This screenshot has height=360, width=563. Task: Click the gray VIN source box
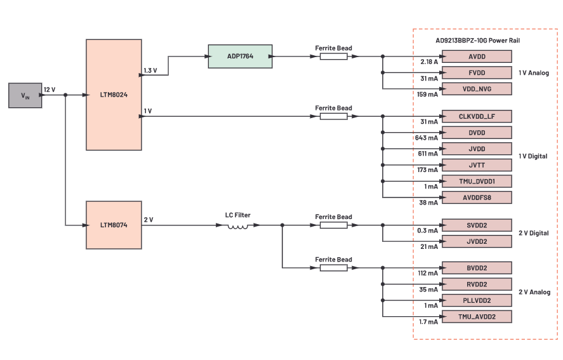[x=25, y=95]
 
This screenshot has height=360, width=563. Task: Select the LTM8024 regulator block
[x=114, y=95]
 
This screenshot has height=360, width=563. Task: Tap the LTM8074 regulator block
[x=114, y=224]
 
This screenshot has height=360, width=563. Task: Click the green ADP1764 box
[x=240, y=57]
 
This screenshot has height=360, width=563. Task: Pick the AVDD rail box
[x=477, y=57]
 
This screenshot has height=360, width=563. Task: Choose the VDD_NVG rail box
[x=477, y=89]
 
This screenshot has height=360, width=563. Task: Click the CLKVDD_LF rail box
[x=477, y=116]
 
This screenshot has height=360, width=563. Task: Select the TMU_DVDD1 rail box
[x=477, y=182]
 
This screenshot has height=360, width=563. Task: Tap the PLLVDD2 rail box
[x=477, y=300]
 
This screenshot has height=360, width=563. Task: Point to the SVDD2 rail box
[x=477, y=225]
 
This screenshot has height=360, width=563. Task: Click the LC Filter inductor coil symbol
[x=238, y=225]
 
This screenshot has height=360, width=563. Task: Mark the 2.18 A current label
[x=429, y=62]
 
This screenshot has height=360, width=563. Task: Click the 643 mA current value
[x=427, y=138]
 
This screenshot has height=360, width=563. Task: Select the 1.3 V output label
[x=150, y=70]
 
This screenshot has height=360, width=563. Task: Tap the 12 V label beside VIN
[x=50, y=90]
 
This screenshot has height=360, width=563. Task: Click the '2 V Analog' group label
[x=533, y=292]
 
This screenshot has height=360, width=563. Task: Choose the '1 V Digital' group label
[x=533, y=156]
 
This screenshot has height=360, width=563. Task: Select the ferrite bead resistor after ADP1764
[x=333, y=57]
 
